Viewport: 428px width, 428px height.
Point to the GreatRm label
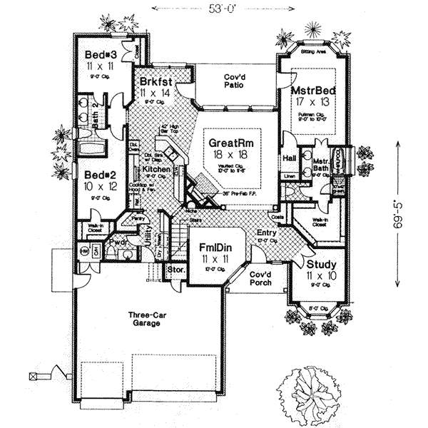coord(231,143)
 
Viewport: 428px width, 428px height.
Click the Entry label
coord(266,232)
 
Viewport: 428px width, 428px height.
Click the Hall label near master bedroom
coord(290,158)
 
